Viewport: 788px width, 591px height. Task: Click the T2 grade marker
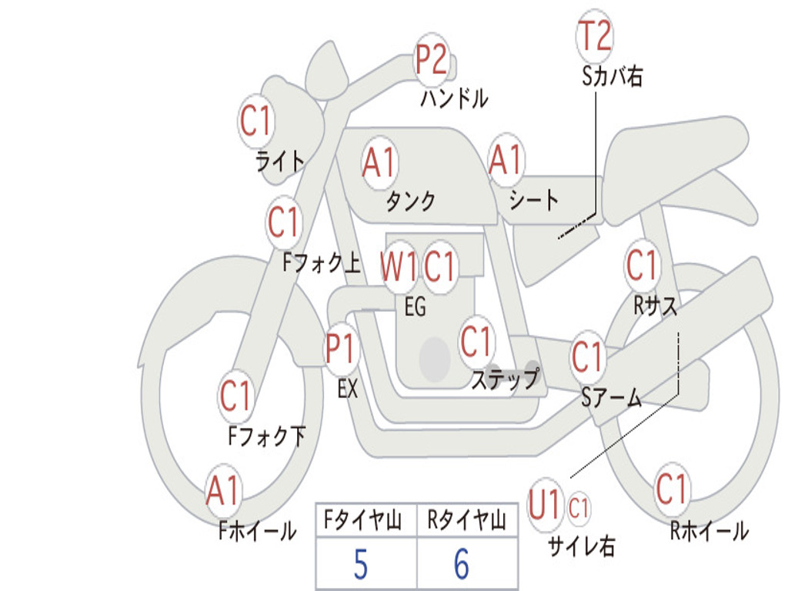point(595,35)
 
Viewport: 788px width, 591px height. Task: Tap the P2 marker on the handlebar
point(432,60)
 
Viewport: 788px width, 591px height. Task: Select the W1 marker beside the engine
point(399,266)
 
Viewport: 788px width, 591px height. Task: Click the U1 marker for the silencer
point(544,504)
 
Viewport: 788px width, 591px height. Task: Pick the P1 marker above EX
point(341,349)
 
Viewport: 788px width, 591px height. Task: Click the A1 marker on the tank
point(379,162)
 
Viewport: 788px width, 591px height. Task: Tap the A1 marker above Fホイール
point(222,490)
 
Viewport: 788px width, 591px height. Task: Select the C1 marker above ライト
point(255,121)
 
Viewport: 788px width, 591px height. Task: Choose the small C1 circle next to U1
point(579,508)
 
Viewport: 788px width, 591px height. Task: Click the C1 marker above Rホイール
point(670,489)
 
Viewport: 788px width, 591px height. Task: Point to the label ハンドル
point(454,98)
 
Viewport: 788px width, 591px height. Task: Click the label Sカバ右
point(612,76)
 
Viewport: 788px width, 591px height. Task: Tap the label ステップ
point(505,379)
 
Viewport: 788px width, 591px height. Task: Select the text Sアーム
point(612,398)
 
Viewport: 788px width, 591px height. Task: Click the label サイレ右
point(582,546)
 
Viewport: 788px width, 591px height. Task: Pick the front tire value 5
point(361,564)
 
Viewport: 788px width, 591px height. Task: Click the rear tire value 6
point(462,564)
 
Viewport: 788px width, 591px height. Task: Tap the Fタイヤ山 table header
point(362,520)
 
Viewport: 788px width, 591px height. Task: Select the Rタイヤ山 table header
point(466,520)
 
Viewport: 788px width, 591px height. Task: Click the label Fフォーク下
point(267,436)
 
